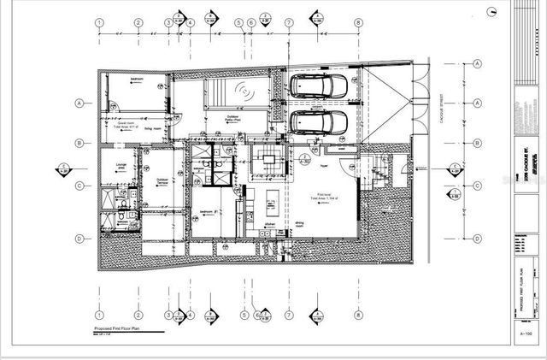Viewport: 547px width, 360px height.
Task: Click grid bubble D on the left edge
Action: pyautogui.click(x=79, y=239)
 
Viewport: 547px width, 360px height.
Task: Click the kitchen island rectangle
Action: pyautogui.click(x=268, y=204)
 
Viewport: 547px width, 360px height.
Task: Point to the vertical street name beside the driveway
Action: pyautogui.click(x=438, y=110)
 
